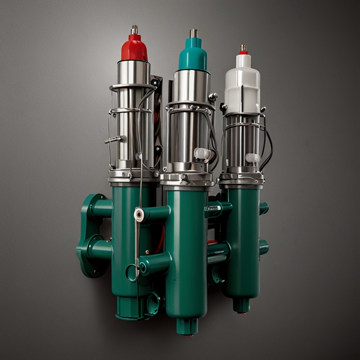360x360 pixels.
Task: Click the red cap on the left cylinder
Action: [134, 49]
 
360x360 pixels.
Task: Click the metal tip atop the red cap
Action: [134, 30]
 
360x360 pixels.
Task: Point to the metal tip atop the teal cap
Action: [193, 33]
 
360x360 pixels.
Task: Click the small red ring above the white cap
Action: [244, 53]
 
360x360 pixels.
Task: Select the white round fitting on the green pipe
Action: [139, 215]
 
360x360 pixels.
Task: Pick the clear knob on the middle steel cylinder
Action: [202, 153]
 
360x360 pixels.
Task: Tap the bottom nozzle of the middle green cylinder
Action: [187, 326]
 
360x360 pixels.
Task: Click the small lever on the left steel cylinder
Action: [114, 140]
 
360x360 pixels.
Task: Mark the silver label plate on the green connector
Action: [213, 208]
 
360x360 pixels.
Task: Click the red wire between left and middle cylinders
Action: [162, 239]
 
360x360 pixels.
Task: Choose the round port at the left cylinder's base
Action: [153, 303]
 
